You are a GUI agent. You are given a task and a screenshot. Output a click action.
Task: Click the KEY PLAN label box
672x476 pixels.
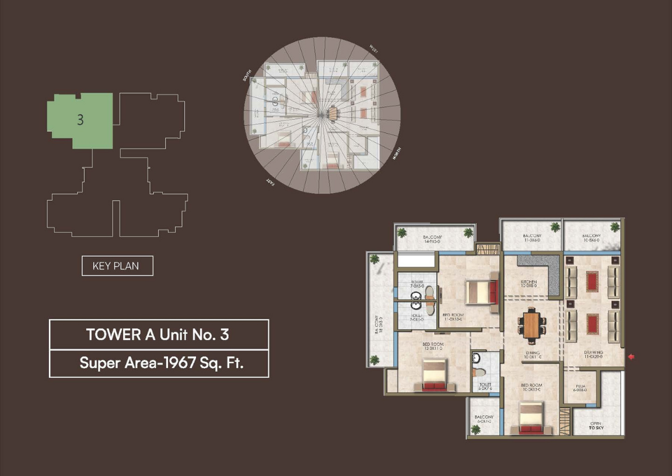[117, 266]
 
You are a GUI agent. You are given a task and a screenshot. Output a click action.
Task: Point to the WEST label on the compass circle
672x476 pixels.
[373, 50]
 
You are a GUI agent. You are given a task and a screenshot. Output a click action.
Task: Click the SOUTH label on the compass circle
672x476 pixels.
[247, 76]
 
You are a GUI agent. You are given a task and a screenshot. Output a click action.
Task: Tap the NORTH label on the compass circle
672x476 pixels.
[397, 154]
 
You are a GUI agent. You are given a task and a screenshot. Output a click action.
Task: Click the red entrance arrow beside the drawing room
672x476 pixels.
[631, 357]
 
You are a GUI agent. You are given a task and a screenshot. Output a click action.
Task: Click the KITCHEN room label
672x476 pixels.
[528, 283]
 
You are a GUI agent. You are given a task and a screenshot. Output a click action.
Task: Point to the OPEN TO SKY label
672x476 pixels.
[596, 426]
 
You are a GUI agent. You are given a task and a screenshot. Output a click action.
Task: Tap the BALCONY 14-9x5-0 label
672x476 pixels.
[433, 239]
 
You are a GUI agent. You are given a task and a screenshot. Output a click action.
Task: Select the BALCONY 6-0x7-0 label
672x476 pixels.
[484, 419]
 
